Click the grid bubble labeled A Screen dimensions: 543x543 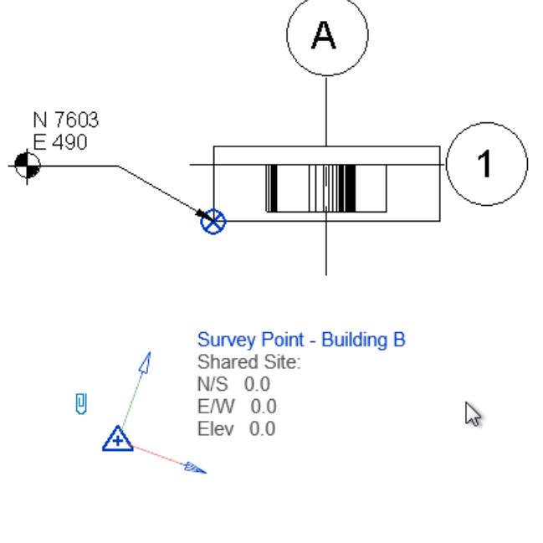coord(326,35)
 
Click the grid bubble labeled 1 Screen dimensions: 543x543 coord(487,165)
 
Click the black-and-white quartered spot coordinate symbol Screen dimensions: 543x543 coord(27,166)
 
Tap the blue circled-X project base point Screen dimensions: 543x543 coord(214,222)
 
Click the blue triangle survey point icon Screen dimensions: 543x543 coord(118,438)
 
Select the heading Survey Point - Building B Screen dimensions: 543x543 coord(301,341)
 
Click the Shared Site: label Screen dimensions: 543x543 coord(248,362)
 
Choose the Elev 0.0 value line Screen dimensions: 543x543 coord(236,429)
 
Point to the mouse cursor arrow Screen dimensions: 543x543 coord(473,412)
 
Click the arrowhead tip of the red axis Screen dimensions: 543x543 coord(199,469)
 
